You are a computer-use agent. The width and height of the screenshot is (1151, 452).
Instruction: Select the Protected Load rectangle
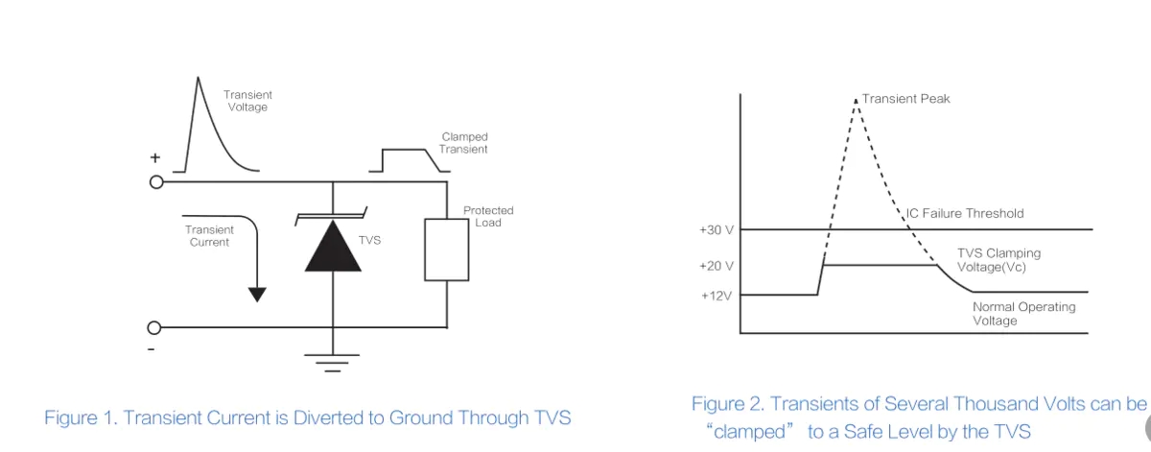447,249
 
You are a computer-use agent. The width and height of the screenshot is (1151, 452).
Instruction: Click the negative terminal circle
155,327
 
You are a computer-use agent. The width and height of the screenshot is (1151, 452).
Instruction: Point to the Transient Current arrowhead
256,293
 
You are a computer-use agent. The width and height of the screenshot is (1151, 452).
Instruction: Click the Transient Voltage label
247,101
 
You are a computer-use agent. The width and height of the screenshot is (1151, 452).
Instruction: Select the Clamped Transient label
464,143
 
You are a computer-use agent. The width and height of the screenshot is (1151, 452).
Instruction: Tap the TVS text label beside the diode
369,240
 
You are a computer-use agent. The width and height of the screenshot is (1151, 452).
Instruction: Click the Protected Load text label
488,216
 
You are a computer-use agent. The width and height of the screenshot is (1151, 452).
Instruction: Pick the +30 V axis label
716,230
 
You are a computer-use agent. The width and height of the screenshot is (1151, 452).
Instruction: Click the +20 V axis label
716,265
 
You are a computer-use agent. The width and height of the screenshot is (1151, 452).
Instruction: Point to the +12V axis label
716,295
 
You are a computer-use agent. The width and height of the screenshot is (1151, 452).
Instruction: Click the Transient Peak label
905,99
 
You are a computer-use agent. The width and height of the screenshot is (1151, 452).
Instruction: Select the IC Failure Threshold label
965,213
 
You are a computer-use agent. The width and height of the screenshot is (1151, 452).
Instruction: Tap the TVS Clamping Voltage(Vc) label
998,260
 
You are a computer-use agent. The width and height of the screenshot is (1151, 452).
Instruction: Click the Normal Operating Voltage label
1023,314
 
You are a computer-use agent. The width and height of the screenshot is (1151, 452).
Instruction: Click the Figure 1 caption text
307,417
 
